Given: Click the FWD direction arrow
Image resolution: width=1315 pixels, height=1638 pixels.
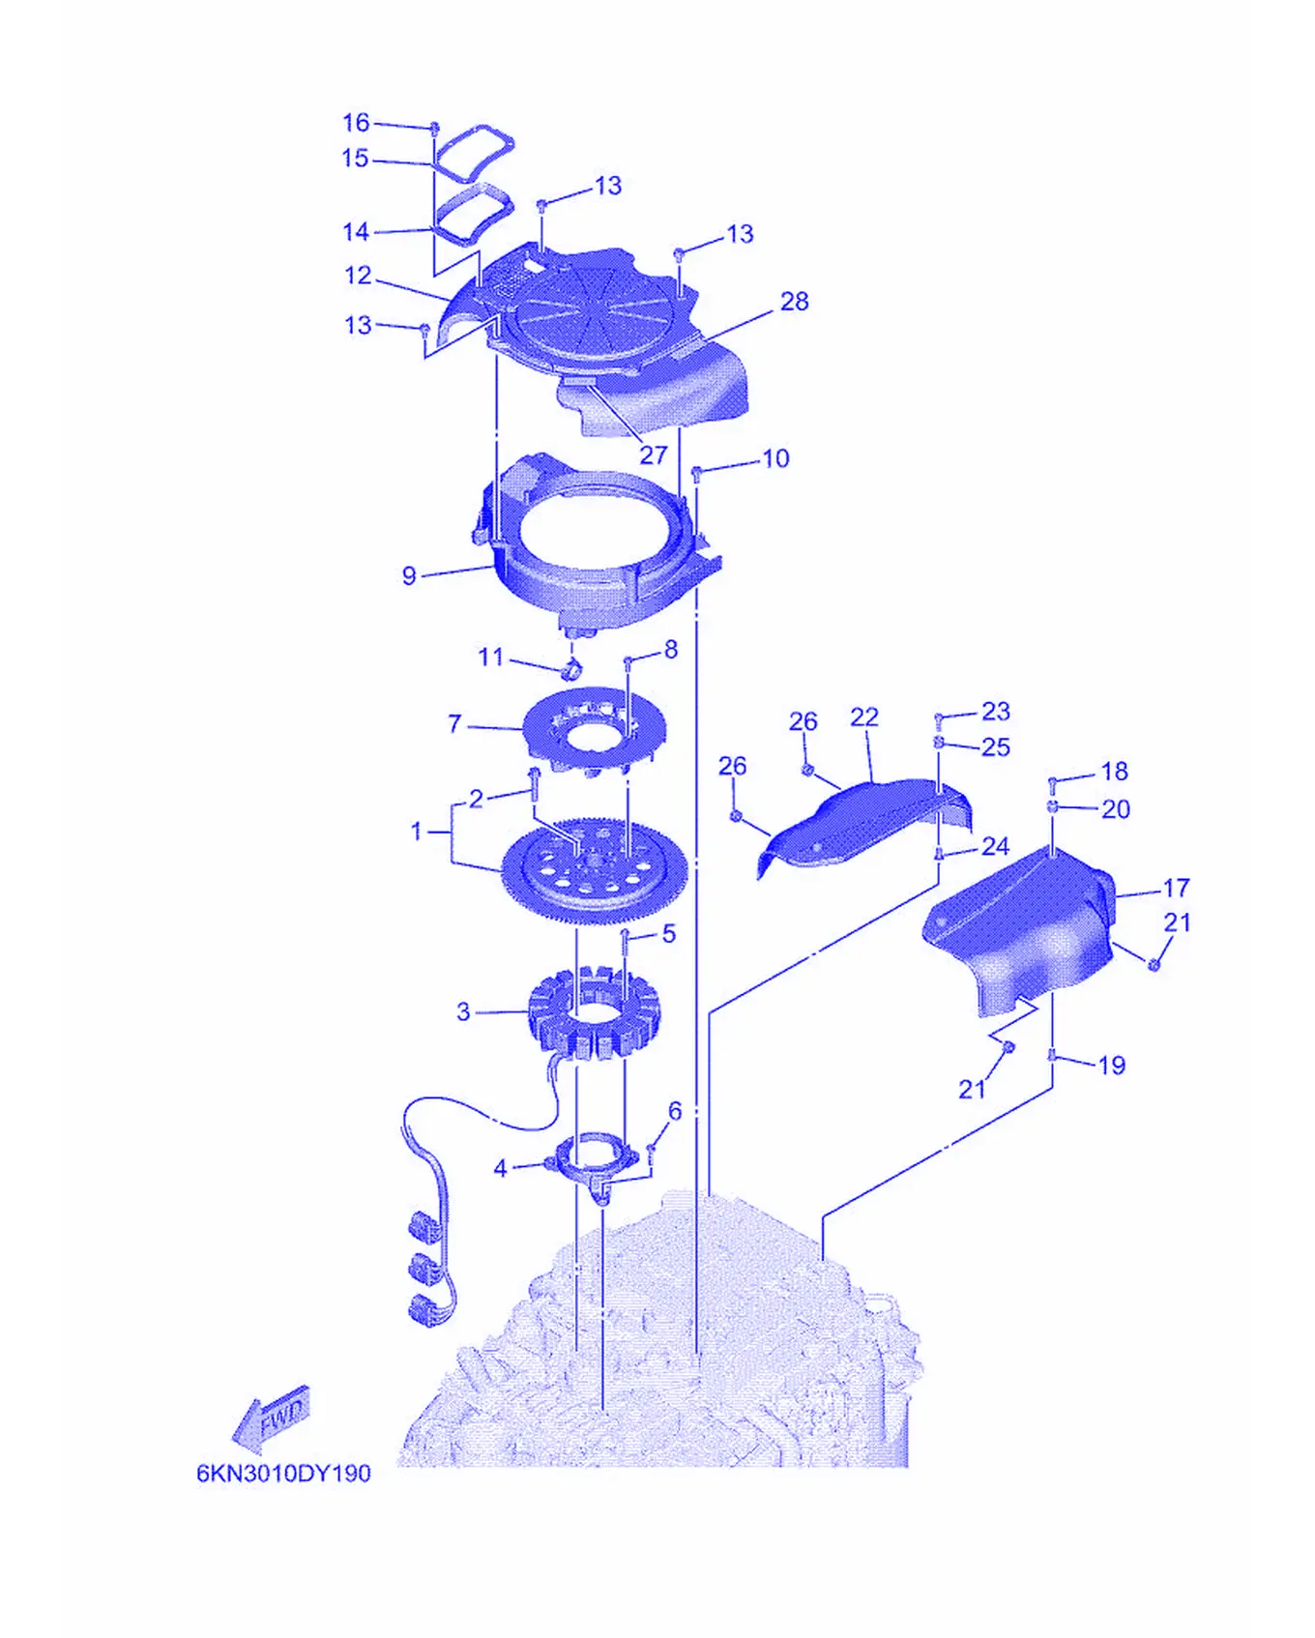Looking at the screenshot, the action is tap(271, 1420).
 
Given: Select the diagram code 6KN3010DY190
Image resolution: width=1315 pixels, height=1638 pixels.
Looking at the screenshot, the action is tap(283, 1474).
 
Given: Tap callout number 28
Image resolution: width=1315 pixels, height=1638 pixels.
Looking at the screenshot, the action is tap(794, 302).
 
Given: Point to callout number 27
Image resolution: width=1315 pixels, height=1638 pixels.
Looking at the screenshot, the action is tap(654, 454).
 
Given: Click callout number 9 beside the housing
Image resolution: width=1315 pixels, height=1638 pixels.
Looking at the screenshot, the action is tap(409, 575).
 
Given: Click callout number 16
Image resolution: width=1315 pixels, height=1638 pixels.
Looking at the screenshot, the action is tap(356, 123).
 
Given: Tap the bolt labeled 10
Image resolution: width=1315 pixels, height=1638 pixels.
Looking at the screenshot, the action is tap(696, 473).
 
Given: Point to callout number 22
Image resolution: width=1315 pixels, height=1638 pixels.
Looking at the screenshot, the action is tap(864, 717).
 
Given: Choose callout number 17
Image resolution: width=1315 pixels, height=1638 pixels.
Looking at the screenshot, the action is tap(1176, 888).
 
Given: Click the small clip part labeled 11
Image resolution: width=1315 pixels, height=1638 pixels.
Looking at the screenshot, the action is tap(571, 667).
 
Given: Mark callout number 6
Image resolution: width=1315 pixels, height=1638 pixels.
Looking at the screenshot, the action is tap(675, 1111).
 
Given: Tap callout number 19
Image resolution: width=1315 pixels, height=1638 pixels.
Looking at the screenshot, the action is tap(1112, 1066).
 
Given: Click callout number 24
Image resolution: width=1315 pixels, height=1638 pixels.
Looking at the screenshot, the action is tap(995, 846).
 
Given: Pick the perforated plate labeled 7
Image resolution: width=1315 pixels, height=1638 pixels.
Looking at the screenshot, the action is tap(594, 729).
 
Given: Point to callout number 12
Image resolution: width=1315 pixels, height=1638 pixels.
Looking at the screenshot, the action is tap(358, 276).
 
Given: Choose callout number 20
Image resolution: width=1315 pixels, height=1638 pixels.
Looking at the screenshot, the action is tap(1115, 809).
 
